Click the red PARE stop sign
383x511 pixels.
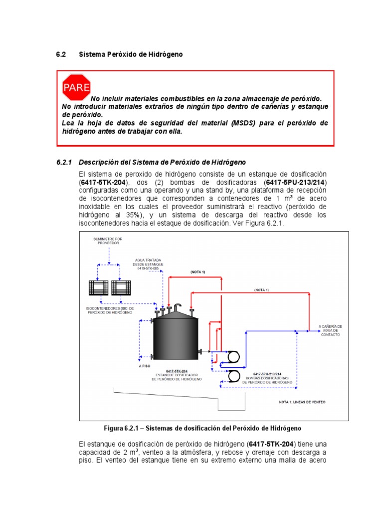pos(76,88)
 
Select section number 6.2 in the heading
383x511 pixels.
pos(60,54)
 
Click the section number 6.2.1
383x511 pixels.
pos(64,163)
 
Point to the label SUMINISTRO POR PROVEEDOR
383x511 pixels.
pos(107,242)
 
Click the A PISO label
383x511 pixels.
pos(145,365)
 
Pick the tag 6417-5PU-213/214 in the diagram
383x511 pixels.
pos(269,374)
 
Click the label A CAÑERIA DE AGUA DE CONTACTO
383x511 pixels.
pos(330,330)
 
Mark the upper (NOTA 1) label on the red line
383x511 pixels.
pos(197,271)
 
